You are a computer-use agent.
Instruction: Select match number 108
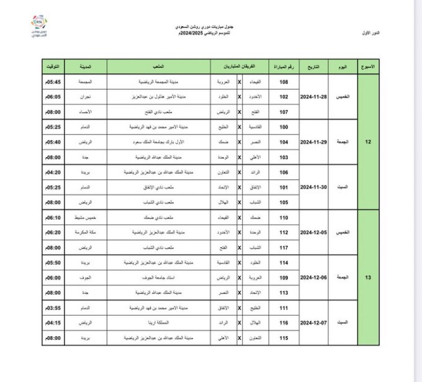click(x=284, y=81)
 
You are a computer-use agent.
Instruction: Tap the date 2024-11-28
click(x=313, y=97)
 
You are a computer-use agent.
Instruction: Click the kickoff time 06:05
click(x=54, y=97)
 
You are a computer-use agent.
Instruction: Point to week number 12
click(x=369, y=142)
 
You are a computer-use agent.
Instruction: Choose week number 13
click(x=369, y=278)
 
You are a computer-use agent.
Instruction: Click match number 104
click(x=284, y=142)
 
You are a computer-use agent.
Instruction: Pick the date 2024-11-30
click(x=313, y=187)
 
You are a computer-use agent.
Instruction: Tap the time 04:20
click(x=54, y=172)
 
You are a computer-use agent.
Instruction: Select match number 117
click(x=284, y=247)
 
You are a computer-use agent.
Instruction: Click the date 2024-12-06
click(x=313, y=278)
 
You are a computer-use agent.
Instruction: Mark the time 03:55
click(x=54, y=308)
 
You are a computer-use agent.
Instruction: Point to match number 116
click(x=284, y=323)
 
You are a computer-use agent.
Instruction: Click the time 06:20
click(x=54, y=232)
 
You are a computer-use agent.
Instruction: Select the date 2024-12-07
click(x=313, y=323)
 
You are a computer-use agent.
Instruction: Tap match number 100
click(x=284, y=127)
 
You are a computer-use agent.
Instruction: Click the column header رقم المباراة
click(x=284, y=66)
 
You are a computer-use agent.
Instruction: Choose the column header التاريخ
click(x=313, y=66)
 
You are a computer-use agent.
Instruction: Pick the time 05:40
click(x=54, y=142)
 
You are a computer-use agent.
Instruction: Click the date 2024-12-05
click(x=313, y=232)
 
